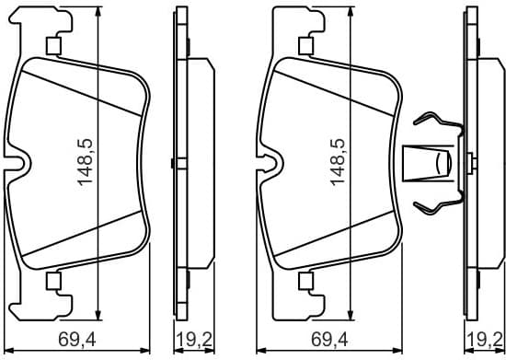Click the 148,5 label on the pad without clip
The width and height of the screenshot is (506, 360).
(86, 164)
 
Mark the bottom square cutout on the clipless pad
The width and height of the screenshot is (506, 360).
(52, 280)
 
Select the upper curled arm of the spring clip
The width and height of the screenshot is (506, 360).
(432, 122)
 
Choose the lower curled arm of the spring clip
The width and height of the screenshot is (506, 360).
(432, 203)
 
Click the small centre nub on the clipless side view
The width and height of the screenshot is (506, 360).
(173, 164)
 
